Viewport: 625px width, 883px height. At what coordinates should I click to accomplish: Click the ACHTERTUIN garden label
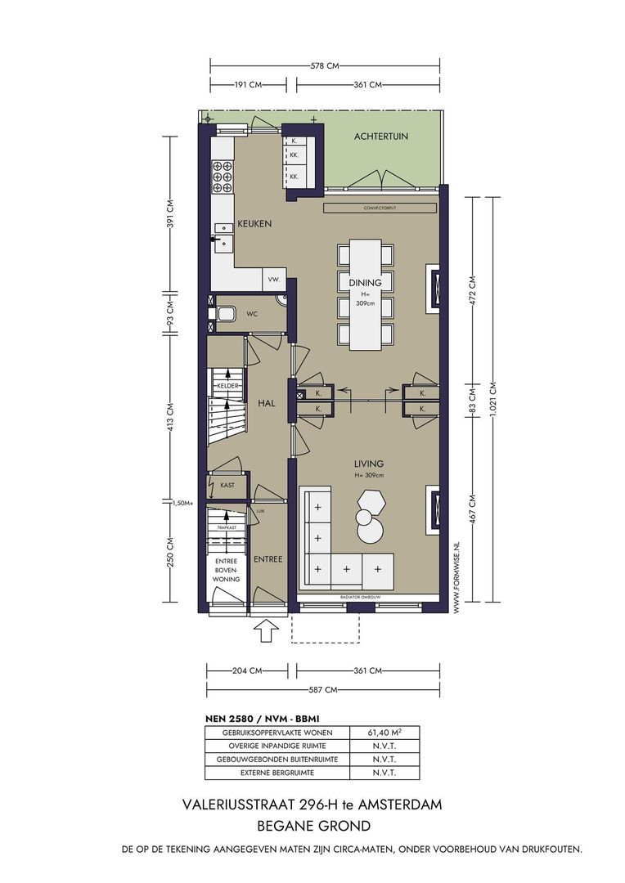(x=381, y=137)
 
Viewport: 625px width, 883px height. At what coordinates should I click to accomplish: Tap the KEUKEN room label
(x=254, y=223)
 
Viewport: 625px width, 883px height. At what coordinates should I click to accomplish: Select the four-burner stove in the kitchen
(x=223, y=177)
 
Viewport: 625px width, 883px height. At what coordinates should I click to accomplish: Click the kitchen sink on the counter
(x=223, y=235)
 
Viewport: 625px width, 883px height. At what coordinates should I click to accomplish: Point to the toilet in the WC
(x=223, y=313)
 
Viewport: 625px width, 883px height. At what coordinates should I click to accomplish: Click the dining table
(x=365, y=294)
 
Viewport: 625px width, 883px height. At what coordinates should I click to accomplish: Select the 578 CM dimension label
(x=326, y=66)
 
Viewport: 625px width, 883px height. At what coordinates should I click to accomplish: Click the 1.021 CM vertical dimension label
(x=493, y=399)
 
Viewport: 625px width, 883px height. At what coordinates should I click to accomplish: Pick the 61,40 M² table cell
(x=384, y=733)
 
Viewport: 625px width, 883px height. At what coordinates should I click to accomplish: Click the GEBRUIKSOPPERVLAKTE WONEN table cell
(x=277, y=733)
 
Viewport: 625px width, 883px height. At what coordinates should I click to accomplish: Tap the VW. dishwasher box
(x=274, y=280)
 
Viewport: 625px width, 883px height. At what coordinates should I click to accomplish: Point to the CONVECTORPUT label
(x=380, y=208)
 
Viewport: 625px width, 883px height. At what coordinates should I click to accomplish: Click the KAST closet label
(x=227, y=485)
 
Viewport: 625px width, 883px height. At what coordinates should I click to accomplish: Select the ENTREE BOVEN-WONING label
(x=226, y=570)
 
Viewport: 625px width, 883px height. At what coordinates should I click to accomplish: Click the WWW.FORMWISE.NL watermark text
(x=456, y=576)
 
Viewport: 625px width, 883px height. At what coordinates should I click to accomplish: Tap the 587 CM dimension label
(x=323, y=689)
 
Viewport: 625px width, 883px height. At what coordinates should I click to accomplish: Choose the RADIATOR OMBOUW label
(x=362, y=597)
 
